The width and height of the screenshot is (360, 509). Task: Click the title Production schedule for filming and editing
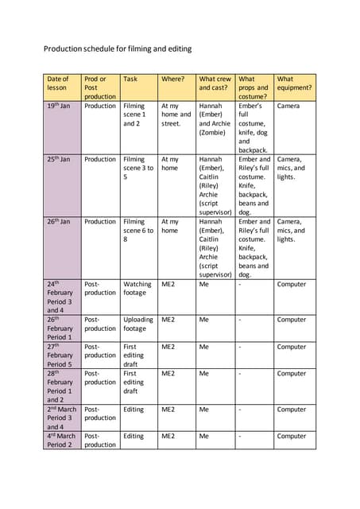point(118,49)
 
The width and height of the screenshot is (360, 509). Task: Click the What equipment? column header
point(294,84)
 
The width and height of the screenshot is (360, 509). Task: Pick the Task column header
point(130,80)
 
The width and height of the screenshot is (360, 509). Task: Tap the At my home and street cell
point(176,115)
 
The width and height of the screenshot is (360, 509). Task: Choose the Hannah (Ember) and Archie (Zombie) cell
point(215,119)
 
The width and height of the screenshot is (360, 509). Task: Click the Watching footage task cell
point(137,289)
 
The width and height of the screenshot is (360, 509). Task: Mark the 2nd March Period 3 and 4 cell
point(61,418)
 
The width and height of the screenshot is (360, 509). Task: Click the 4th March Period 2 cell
point(61,441)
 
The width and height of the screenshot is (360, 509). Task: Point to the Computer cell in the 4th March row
point(291,436)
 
